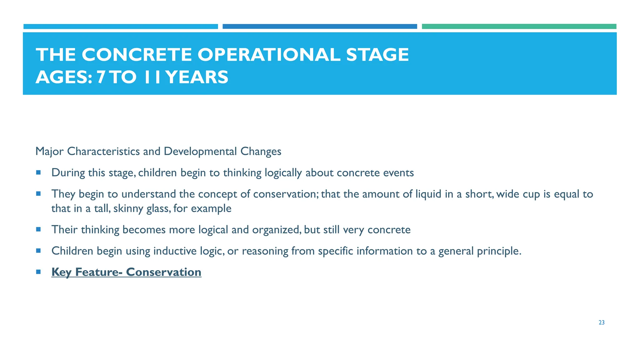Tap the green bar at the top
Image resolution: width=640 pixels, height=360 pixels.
click(519, 27)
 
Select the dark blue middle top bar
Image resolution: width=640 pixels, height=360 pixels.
click(320, 27)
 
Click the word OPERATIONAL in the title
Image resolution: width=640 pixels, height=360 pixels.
click(269, 55)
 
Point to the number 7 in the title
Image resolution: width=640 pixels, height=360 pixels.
click(101, 77)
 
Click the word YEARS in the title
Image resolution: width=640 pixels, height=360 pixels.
click(197, 77)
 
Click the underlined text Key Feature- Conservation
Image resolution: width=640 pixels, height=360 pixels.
click(126, 272)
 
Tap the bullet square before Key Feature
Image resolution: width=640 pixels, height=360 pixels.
click(38, 272)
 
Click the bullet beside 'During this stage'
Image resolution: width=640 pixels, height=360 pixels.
click(38, 172)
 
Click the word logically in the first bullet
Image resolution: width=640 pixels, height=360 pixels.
click(283, 173)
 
